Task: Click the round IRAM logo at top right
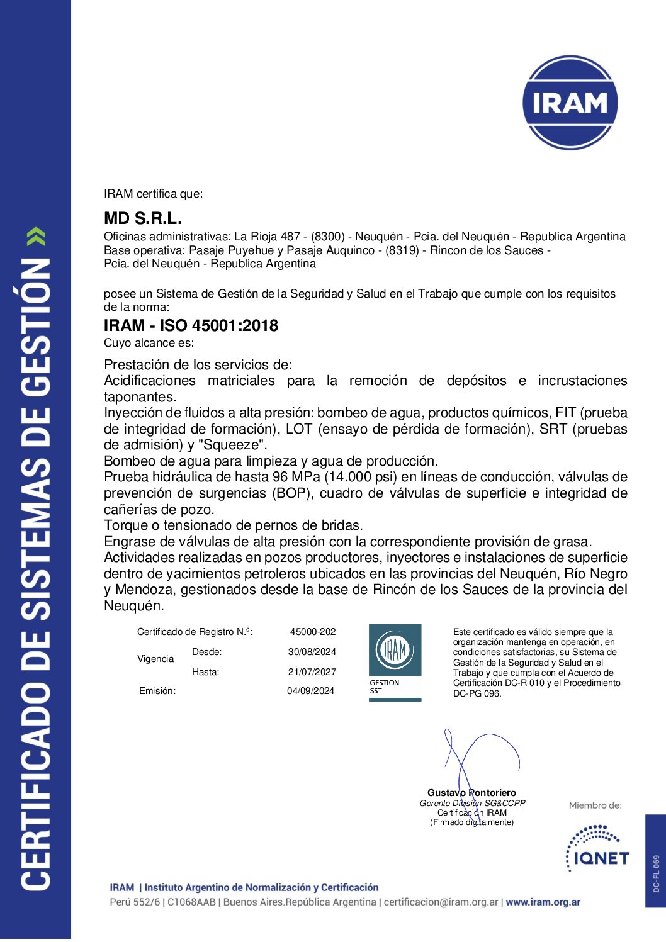[x=570, y=103]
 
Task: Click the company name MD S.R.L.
[x=143, y=218]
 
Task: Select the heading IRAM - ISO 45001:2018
[x=191, y=325]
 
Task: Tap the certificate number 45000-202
[x=313, y=631]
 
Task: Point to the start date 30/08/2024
[x=312, y=652]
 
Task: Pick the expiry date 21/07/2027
[x=312, y=672]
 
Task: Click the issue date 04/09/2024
[x=311, y=691]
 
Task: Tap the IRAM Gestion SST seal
[x=395, y=662]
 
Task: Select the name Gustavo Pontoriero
[x=471, y=793]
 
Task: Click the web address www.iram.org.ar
[x=543, y=902]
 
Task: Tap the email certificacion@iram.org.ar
[x=441, y=902]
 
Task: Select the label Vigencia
[x=155, y=659]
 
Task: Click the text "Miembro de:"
[x=595, y=805]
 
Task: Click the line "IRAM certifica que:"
[x=153, y=194]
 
